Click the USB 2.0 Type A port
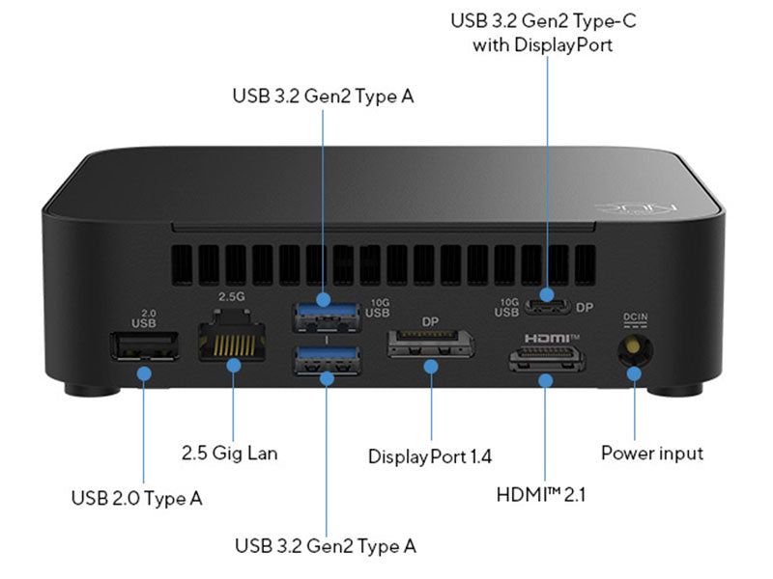pos(145,346)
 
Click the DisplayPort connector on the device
pos(430,344)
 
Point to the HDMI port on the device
pos(546,360)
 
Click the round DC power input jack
pos(634,347)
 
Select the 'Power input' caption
pos(652,453)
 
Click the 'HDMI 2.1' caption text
pos(541,494)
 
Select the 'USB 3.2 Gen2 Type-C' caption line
pos(546,20)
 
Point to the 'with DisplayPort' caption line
pos(546,44)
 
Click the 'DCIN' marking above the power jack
pos(634,317)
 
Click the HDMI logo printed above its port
pos(550,339)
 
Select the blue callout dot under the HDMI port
pos(546,381)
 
